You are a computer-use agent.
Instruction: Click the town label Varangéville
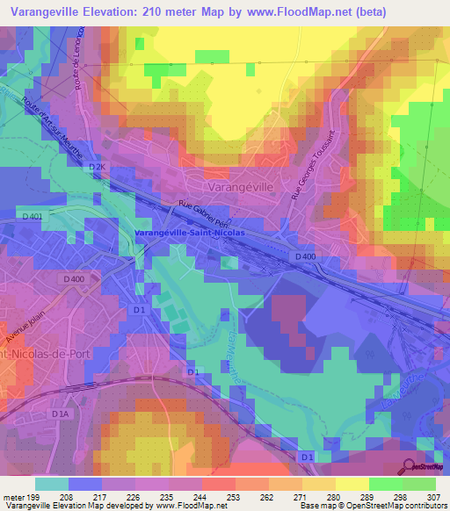click(x=242, y=188)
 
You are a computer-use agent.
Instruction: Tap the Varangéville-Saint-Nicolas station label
click(x=187, y=233)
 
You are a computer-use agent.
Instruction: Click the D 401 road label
click(x=31, y=216)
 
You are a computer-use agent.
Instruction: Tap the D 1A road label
click(x=60, y=414)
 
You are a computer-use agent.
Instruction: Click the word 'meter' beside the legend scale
click(x=12, y=496)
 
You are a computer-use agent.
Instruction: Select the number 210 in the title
click(x=152, y=11)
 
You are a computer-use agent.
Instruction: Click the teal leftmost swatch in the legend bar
click(x=51, y=484)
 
